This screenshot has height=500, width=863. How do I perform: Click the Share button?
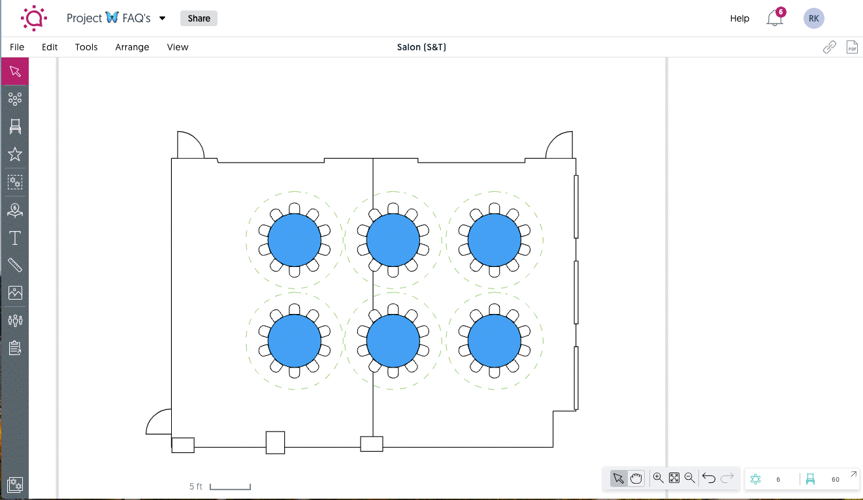199,18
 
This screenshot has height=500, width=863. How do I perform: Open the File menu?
17,47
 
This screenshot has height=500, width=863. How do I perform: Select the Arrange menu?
132,47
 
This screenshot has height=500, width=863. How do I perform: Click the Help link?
740,18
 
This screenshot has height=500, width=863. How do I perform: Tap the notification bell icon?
774,18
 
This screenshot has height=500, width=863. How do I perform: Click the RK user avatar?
813,18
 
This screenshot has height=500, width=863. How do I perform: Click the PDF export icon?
852,47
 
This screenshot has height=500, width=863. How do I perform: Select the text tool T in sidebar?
15,238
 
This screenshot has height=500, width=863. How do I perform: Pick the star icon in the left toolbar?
15,154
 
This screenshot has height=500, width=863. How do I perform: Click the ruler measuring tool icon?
15,265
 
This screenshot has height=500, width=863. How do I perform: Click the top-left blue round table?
295,240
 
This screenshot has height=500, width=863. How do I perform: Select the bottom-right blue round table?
495,341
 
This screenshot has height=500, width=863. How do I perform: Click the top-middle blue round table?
393,240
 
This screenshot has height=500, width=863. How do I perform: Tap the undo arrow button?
709,478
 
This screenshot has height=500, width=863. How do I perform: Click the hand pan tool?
636,478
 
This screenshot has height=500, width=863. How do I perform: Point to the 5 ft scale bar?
230,487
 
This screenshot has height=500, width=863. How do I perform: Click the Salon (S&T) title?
421,47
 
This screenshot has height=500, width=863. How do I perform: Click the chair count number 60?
835,479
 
